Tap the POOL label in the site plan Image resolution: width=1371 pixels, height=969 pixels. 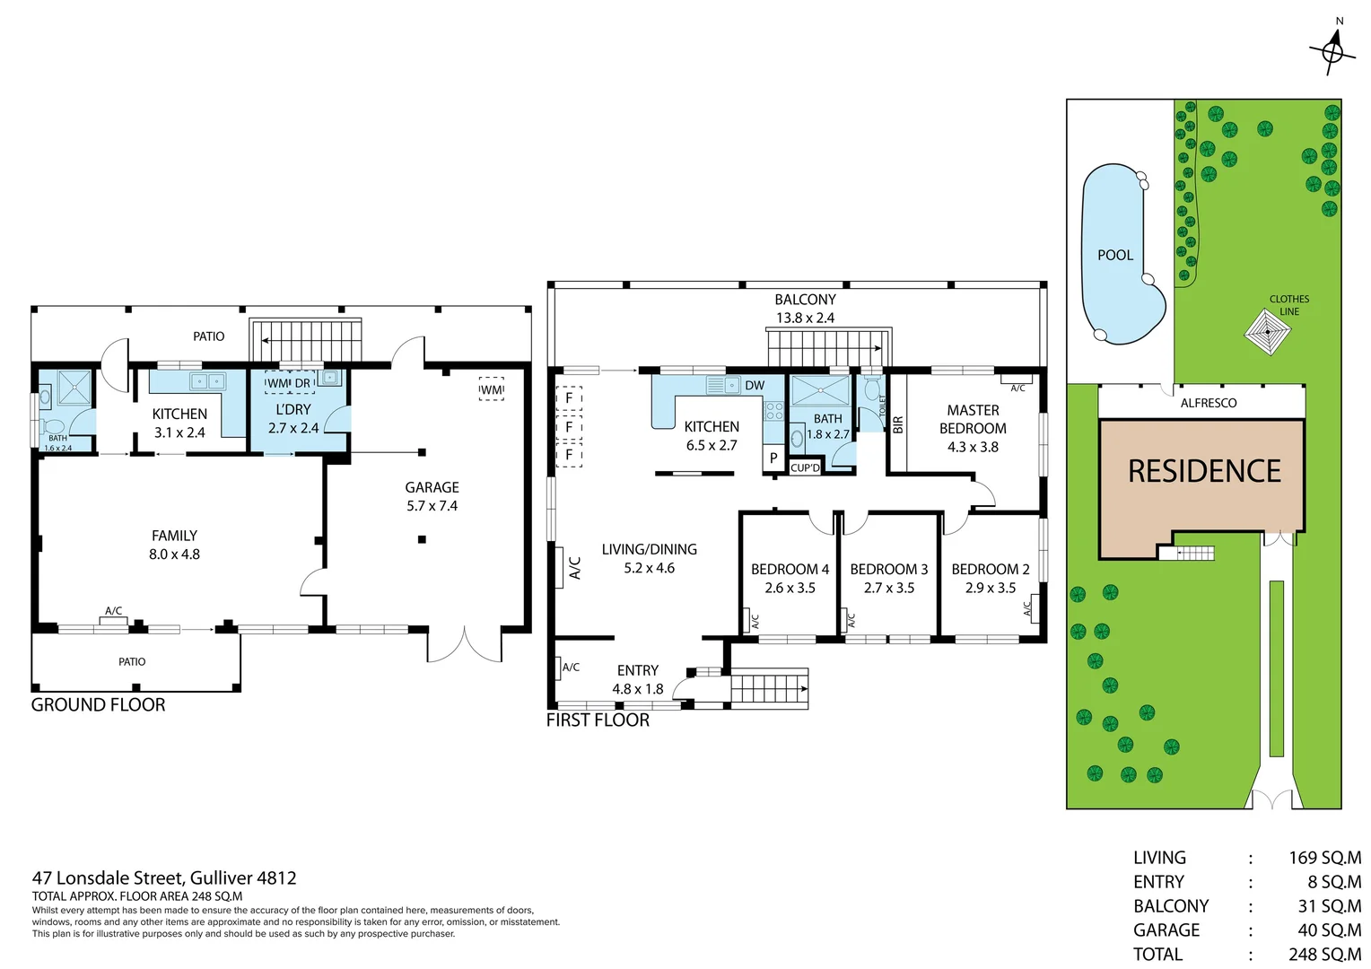(x=1114, y=256)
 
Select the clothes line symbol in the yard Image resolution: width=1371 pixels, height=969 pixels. (x=1268, y=332)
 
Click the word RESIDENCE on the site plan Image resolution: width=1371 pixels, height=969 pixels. (x=1204, y=472)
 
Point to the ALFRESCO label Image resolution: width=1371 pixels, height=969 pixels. (x=1208, y=403)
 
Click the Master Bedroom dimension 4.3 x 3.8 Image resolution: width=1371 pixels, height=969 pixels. (x=973, y=447)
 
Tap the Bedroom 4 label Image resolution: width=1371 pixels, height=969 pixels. (x=790, y=569)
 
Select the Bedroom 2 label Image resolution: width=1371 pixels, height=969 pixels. (x=990, y=569)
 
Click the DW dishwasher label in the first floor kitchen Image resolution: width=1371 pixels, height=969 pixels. (x=755, y=386)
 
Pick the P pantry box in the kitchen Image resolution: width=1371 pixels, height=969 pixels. (x=773, y=458)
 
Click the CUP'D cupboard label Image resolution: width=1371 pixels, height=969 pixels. (x=805, y=467)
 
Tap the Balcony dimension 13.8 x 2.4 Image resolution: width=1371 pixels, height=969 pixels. (x=805, y=318)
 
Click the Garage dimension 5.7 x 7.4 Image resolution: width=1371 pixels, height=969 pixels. (x=432, y=506)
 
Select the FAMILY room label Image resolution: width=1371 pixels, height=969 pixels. (x=174, y=536)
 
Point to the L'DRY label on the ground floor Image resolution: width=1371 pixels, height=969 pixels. (x=293, y=409)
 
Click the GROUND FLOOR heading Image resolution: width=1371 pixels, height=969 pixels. (x=99, y=705)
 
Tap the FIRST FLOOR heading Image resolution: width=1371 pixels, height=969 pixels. (x=598, y=720)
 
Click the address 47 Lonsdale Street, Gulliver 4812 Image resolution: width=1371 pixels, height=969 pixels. (x=164, y=878)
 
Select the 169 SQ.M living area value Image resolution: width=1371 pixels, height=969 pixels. (x=1324, y=858)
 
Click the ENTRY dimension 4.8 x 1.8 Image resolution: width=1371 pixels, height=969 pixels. (x=637, y=689)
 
